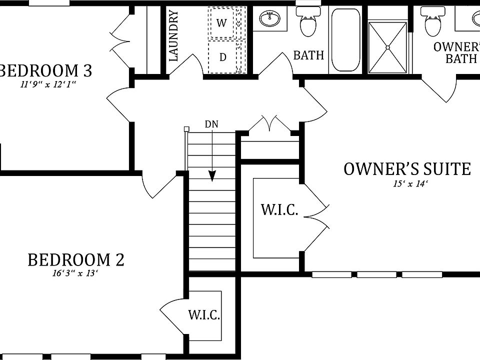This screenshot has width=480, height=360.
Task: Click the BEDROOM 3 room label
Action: [x=45, y=70]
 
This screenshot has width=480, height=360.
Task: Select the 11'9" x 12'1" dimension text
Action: [x=48, y=84]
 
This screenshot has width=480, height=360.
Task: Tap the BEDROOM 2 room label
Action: [x=75, y=260]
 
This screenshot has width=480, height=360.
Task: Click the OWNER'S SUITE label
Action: [x=407, y=169]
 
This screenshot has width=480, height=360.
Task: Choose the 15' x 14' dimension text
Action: [x=410, y=183]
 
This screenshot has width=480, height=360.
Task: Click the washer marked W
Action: [x=222, y=23]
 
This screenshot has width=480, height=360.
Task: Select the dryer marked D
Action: [x=223, y=57]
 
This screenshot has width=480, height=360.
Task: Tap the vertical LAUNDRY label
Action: [x=174, y=36]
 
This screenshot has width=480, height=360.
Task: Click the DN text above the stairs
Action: [x=211, y=124]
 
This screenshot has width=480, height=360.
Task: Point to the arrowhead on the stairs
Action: [x=212, y=175]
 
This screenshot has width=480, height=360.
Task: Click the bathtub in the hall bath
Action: [x=345, y=40]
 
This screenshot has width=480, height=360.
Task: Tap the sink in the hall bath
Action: [x=270, y=19]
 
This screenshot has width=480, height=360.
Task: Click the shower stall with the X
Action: [x=387, y=46]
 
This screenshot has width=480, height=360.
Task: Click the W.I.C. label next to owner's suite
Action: [x=279, y=210]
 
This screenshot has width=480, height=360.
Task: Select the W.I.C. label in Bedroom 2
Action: [x=203, y=315]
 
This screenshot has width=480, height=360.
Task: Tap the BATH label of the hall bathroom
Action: [x=308, y=55]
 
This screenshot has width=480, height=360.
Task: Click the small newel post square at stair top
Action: [x=186, y=129]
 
